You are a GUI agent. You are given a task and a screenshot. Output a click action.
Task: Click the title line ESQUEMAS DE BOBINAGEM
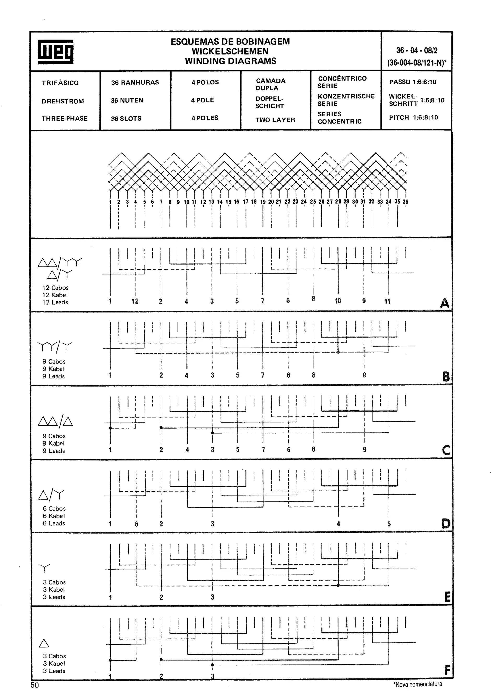coord(230,41)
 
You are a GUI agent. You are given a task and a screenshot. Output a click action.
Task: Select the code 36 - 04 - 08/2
coord(417,50)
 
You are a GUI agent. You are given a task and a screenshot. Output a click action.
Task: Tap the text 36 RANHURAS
coord(135,82)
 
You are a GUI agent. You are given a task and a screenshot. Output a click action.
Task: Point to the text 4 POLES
coord(205,118)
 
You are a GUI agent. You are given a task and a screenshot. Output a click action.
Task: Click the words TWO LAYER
coord(275,120)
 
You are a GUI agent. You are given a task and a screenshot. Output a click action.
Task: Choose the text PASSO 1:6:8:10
coord(413,82)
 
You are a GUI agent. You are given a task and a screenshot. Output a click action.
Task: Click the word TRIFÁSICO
coord(60,83)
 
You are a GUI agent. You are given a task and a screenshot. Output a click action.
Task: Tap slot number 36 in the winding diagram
coord(405,202)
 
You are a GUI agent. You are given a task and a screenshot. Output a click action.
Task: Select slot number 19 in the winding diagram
coord(263,202)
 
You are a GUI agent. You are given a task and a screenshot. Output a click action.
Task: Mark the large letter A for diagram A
coord(444,303)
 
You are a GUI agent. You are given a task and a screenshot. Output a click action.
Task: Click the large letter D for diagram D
coord(446,523)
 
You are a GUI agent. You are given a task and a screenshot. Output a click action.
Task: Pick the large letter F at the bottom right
coord(447,671)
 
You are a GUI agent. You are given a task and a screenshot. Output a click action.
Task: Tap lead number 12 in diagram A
coord(135,301)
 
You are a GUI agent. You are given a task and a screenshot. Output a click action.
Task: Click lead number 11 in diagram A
coord(387,301)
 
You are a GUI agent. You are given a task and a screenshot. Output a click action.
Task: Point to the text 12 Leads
coord(55,302)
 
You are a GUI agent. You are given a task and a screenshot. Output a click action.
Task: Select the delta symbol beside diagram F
coord(44,643)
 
